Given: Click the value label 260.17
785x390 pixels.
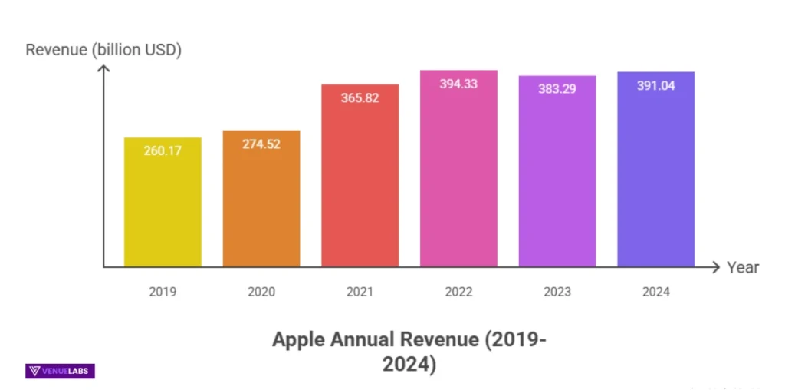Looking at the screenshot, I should point(163,151).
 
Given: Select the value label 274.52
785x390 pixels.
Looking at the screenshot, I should point(261,144).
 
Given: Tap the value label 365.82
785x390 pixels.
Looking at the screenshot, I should point(360,97).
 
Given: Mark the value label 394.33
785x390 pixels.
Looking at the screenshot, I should point(458,84).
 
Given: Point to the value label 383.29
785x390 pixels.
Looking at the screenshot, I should point(557,89).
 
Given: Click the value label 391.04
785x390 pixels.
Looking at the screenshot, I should point(655,85).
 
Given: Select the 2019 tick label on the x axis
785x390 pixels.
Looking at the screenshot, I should point(163,292).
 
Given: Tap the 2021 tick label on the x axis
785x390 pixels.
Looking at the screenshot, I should point(360,292).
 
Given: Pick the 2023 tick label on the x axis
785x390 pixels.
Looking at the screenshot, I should point(557,292).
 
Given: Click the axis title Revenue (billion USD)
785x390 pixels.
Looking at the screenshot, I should point(103,51).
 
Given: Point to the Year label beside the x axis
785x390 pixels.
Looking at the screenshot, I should point(743,268).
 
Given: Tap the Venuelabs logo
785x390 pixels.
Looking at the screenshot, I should point(61,372).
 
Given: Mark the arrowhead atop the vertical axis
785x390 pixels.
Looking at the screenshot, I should point(104,70).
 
